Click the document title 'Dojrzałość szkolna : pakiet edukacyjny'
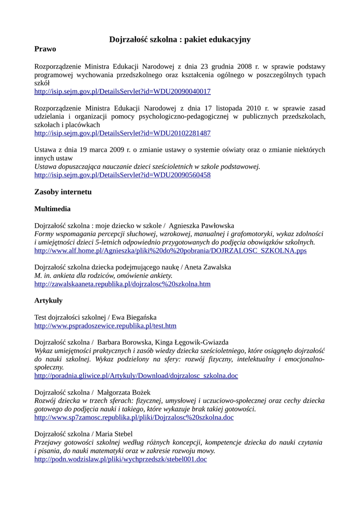point(180,39)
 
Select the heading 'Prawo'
point(45,49)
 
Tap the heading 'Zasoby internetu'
point(63,192)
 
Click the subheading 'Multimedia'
point(52,209)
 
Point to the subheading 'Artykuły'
point(48,301)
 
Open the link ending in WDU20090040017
point(122,92)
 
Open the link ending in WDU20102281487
point(122,133)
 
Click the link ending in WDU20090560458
point(122,175)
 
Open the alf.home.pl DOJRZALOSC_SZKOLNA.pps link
point(171,251)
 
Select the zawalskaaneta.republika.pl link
point(122,284)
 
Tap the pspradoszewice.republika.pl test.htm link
point(105,326)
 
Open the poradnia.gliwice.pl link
point(136,376)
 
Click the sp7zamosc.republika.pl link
point(134,418)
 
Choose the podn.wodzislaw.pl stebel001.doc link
point(120,460)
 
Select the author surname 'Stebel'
point(123,434)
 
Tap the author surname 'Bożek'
point(141,392)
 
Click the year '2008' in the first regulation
point(244,66)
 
